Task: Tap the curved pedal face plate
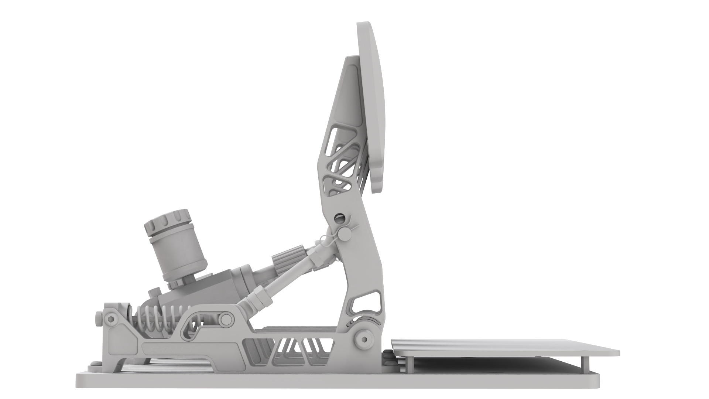[371, 107]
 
